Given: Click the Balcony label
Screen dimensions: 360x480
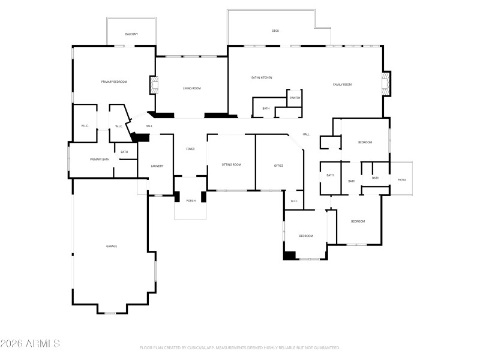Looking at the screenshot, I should coord(131,34).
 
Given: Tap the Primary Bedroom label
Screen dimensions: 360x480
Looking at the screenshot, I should coord(114,82).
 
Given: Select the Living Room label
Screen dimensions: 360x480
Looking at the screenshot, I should coord(192,88).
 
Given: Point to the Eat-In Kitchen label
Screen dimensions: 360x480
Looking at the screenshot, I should coord(262,77).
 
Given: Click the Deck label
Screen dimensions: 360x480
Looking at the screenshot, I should coord(275,31).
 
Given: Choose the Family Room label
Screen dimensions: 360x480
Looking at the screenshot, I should coord(342,85).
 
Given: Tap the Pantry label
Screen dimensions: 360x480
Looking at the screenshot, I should coord(295,98).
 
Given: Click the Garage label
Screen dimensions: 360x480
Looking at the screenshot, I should coord(112,246).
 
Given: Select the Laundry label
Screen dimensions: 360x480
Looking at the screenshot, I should coord(157,166).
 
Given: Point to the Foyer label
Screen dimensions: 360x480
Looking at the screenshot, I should coord(190,149).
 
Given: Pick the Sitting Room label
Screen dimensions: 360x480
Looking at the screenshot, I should coord(231,164).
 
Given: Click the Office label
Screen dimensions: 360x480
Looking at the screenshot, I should coord(278,166).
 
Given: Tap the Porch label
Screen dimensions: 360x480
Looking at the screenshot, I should coord(191,200).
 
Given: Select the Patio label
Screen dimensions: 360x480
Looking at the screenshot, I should coord(402,179).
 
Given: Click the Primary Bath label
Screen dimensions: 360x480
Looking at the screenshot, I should coord(100,160).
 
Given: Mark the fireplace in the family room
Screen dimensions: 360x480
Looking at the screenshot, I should coord(386,84).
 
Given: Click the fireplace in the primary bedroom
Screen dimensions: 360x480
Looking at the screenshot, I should coord(153,85).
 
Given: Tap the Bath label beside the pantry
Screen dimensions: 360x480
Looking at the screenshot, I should coord(266,109).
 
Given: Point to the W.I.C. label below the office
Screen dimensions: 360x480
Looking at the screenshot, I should coord(295,201).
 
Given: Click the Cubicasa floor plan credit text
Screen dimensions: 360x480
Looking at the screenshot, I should coord(240,347).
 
